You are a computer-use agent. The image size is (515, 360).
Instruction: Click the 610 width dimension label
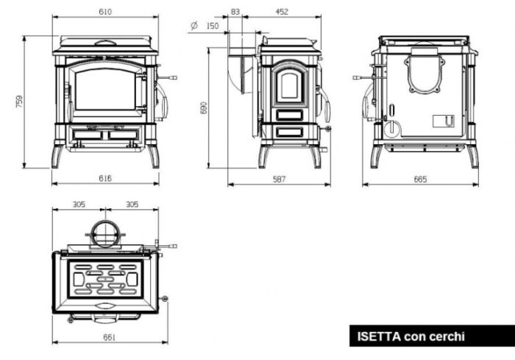tap(105, 12)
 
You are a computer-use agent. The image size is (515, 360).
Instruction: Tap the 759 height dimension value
tap(19, 102)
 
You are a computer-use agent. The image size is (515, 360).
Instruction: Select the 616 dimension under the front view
tap(105, 178)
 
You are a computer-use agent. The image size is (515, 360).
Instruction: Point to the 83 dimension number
tap(235, 12)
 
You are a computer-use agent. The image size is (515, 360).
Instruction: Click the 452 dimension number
tap(282, 12)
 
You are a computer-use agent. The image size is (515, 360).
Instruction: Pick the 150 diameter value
tap(213, 26)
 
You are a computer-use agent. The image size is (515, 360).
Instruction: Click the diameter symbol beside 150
tap(194, 25)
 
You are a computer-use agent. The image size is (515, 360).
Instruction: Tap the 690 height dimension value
tap(204, 107)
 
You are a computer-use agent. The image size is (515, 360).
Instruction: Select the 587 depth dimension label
tap(279, 179)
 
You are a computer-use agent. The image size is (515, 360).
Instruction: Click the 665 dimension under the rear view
tap(420, 179)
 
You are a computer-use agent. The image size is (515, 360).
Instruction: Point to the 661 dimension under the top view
tap(110, 337)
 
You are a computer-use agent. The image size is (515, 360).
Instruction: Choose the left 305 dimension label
tap(79, 205)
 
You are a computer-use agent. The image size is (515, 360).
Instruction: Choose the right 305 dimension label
tap(132, 205)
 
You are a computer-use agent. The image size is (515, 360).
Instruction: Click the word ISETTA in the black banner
tap(379, 336)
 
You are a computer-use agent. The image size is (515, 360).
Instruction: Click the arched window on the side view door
tap(289, 85)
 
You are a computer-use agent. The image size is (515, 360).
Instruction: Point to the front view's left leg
tap(57, 156)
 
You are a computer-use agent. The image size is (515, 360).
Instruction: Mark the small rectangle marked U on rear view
tap(444, 121)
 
